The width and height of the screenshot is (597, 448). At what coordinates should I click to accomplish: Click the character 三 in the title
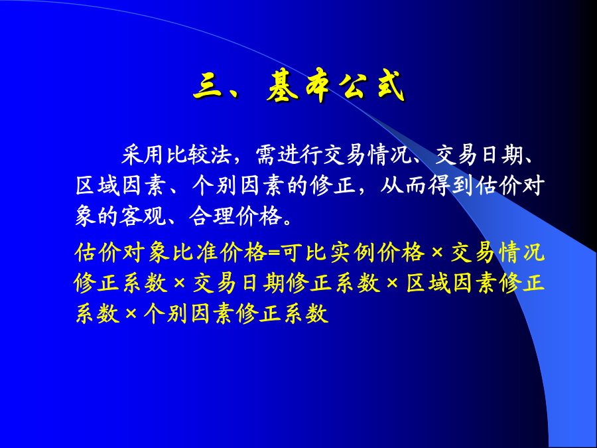pos(209,87)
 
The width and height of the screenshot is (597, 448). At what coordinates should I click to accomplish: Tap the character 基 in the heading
pos(283,87)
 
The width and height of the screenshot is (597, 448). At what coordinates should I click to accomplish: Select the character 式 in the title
pos(387,87)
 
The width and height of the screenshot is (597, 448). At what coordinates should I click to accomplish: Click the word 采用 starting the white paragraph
pos(143,155)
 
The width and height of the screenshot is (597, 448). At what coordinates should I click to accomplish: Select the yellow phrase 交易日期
pos(238,283)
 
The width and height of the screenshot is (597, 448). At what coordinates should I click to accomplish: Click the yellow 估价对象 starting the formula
pos(122,253)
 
